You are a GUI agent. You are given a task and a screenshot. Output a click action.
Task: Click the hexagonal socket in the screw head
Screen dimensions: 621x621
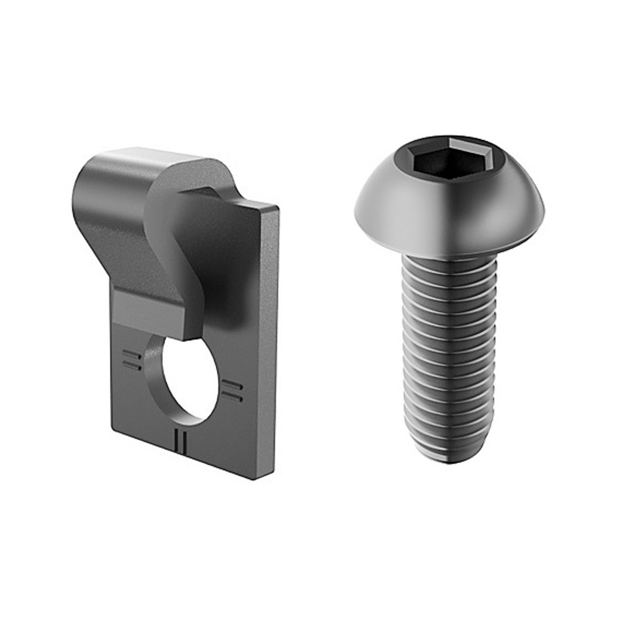[450, 159]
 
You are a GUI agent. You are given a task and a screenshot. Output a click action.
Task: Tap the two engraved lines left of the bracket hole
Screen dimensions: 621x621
[132, 359]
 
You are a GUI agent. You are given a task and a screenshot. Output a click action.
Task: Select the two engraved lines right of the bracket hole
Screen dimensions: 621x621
[232, 389]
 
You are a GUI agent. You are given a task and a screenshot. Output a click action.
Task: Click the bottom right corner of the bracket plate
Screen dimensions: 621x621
[257, 477]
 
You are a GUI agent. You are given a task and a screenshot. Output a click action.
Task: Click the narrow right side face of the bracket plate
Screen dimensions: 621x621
[266, 342]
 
